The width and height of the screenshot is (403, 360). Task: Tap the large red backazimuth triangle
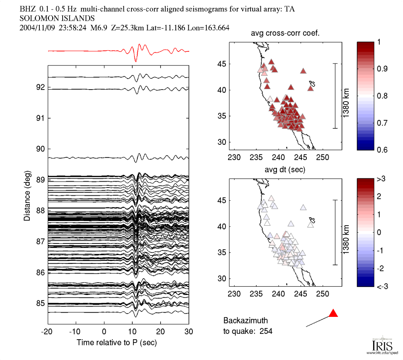coord(333,314)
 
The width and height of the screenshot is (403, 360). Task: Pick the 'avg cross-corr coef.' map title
coord(285,34)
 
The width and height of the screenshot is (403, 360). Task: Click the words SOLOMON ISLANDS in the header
coord(57,18)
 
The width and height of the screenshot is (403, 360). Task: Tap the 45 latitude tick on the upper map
coord(224,64)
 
